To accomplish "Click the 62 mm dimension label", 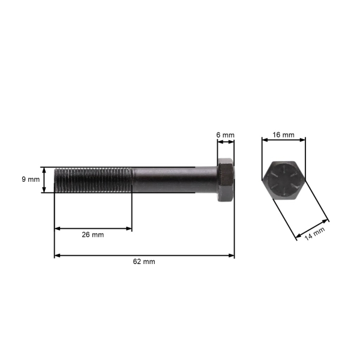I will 145,262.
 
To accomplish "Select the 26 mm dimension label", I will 93,235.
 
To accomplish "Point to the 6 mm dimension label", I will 225,135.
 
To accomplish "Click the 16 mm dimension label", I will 283,135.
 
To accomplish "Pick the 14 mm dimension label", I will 314,234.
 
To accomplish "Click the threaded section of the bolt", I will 93,180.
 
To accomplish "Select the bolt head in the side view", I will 226,180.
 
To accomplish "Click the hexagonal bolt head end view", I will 284,180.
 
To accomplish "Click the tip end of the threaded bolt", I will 56,180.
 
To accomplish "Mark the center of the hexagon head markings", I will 284,180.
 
